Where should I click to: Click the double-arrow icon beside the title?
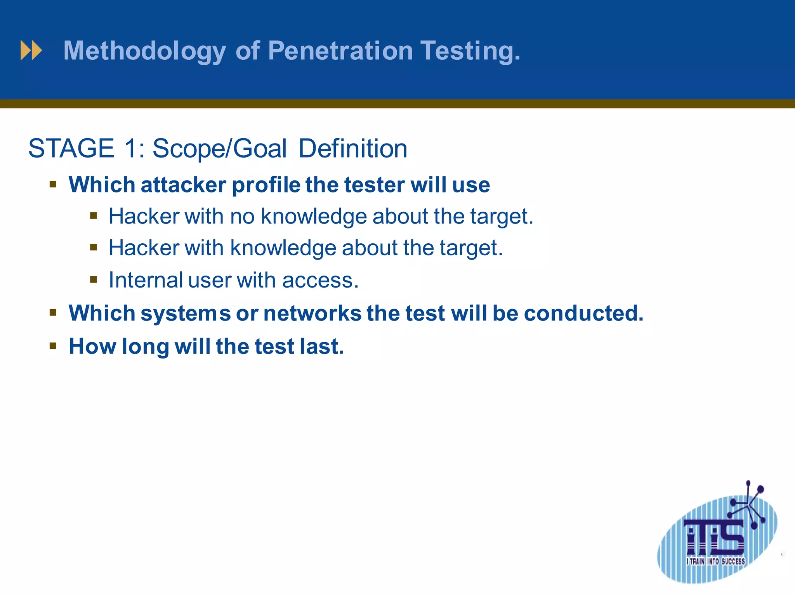(31, 50)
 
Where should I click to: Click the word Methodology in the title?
(144, 51)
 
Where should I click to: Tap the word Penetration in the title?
(340, 50)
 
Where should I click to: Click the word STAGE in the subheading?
(71, 149)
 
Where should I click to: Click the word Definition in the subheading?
(352, 149)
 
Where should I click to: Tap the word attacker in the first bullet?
(183, 185)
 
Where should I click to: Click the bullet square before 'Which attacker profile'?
(53, 184)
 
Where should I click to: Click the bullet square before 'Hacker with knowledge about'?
(93, 247)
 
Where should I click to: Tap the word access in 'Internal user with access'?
(320, 281)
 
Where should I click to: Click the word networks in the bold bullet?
(312, 313)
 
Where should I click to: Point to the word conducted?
(583, 313)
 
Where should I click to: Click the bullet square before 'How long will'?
(53, 345)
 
